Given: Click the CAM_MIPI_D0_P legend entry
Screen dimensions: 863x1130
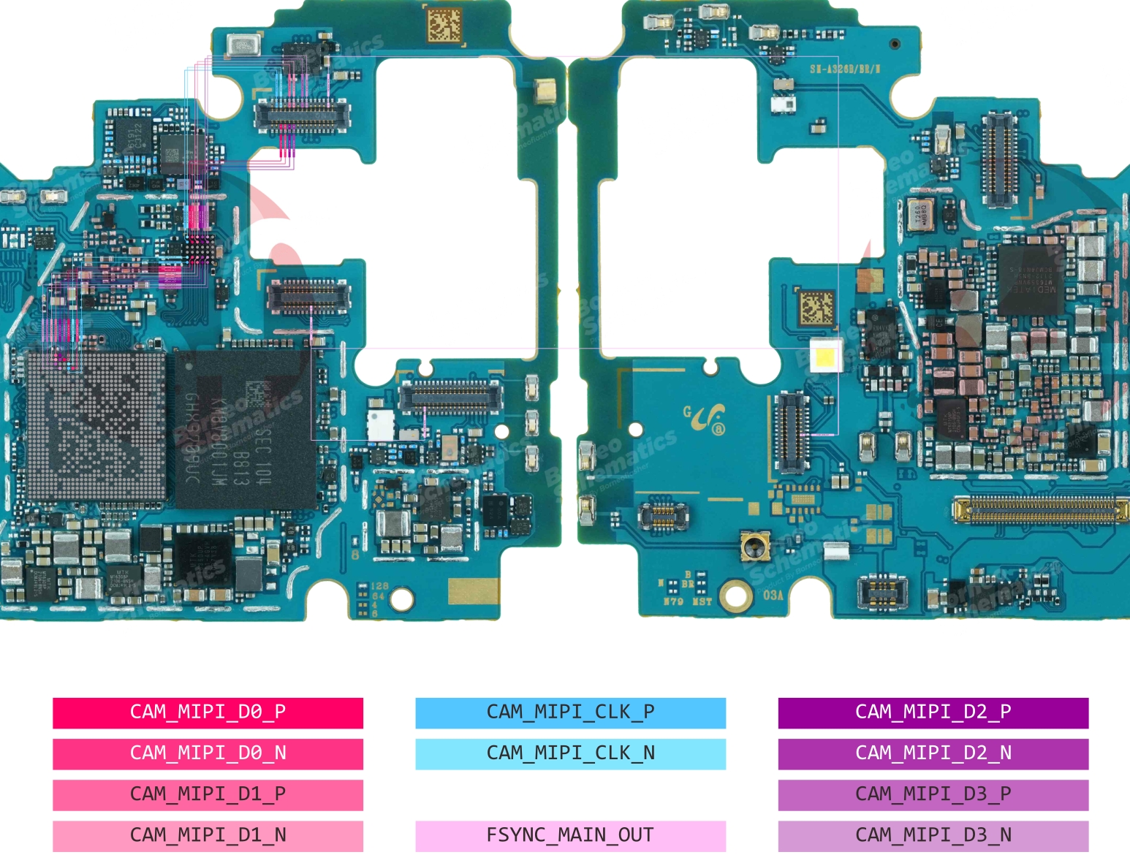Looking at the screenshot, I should pos(208,712).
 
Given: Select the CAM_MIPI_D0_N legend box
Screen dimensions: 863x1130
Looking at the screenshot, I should pos(208,753).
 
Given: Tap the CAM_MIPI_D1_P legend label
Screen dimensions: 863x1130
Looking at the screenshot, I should pos(208,794).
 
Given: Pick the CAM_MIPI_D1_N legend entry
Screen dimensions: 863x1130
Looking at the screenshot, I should pos(208,835).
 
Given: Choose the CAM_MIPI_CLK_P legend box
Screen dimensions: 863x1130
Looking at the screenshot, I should pos(570,712).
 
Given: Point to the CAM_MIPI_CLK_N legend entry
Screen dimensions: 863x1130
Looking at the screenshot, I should pos(570,753).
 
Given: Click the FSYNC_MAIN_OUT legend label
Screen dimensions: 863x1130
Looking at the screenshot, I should pos(570,835).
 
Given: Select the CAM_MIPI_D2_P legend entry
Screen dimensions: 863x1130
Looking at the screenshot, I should pos(933,712).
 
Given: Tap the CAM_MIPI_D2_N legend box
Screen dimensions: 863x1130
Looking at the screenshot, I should pos(933,753).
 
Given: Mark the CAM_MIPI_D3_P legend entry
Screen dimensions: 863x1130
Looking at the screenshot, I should pos(933,794).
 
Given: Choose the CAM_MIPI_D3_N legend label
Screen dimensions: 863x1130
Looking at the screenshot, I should pos(933,835).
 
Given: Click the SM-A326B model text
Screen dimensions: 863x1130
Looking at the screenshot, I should pos(845,69).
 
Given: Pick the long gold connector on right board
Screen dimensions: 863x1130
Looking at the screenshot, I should pos(1040,509).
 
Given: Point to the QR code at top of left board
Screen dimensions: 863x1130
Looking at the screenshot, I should pos(444,26).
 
